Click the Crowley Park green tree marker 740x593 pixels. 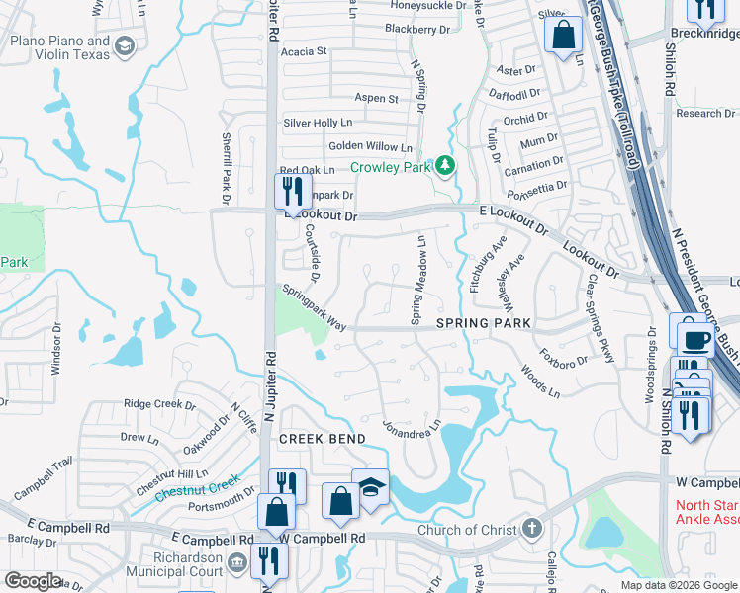(445, 166)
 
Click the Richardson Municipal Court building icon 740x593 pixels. (235, 562)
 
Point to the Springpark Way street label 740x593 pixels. (314, 307)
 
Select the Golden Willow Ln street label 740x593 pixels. (370, 145)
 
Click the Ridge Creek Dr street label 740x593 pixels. (159, 404)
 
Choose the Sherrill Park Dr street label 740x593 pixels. (227, 168)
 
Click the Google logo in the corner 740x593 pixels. (33, 581)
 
